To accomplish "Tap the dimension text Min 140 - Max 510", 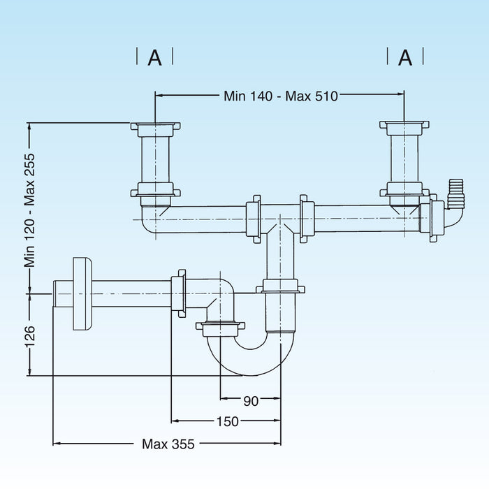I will (279, 96).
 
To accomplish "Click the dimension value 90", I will (251, 401).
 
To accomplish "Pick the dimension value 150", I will (227, 421).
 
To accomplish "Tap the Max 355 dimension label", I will (168, 444).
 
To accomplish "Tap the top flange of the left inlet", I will (155, 127).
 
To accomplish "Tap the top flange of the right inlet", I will (404, 126).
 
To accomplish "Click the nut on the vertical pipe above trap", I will (281, 286).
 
